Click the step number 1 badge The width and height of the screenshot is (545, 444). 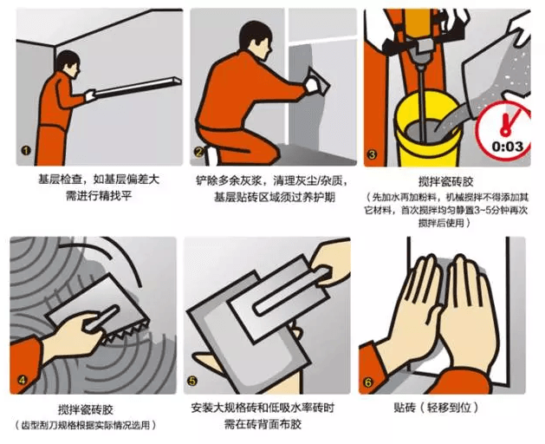pyautogui.click(x=26, y=151)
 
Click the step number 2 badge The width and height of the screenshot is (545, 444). pyautogui.click(x=198, y=152)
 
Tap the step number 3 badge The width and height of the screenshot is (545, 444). pyautogui.click(x=372, y=154)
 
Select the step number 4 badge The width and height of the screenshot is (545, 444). pyautogui.click(x=22, y=380)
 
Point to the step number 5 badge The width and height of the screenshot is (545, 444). pyautogui.click(x=192, y=381)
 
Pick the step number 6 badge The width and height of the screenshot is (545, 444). pyautogui.click(x=368, y=382)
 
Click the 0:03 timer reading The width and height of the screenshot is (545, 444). pyautogui.click(x=508, y=147)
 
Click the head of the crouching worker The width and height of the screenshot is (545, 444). pyautogui.click(x=256, y=38)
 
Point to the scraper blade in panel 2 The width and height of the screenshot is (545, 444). pyautogui.click(x=319, y=82)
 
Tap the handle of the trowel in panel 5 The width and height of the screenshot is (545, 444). pyautogui.click(x=292, y=291)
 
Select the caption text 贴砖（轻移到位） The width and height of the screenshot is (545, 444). pyautogui.click(x=436, y=407)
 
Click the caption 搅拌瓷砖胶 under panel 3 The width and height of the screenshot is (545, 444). pyautogui.click(x=445, y=181)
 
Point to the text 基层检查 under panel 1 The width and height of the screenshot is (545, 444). pyautogui.click(x=60, y=180)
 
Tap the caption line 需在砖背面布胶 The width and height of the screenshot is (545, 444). pyautogui.click(x=263, y=424)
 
